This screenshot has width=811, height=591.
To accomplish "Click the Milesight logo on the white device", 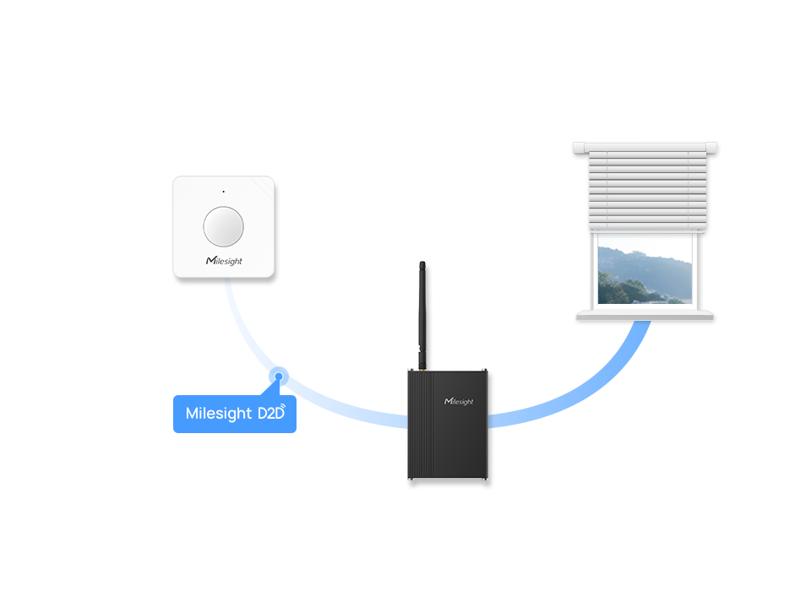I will pyautogui.click(x=224, y=261).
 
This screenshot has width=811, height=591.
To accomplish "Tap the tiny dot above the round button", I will pyautogui.click(x=223, y=192).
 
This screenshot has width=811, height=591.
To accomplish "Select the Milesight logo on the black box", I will pyautogui.click(x=460, y=401).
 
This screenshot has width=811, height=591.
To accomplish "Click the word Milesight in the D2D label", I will pyautogui.click(x=219, y=414).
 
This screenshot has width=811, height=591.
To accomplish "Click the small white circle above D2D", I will pyautogui.click(x=279, y=377).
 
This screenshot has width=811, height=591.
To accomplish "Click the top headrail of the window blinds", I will pyautogui.click(x=646, y=149).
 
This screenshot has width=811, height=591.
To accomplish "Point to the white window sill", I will pyautogui.click(x=646, y=315).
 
